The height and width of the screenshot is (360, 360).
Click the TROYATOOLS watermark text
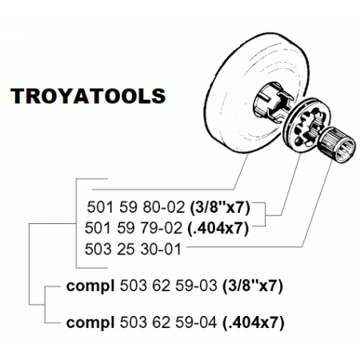click(x=88, y=95)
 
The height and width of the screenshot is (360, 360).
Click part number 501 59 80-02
click(x=136, y=207)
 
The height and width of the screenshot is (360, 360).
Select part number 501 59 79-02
click(x=134, y=228)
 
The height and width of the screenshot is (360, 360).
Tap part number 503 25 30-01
click(x=133, y=249)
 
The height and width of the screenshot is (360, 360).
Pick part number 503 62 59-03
click(x=169, y=286)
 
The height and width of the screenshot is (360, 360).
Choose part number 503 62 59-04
click(x=169, y=322)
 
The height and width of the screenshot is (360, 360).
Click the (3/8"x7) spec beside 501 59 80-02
click(x=220, y=207)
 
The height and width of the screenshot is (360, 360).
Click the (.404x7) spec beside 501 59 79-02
click(x=218, y=229)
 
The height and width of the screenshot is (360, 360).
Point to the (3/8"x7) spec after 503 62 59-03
click(x=252, y=286)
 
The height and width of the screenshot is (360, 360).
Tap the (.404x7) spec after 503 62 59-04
click(x=253, y=323)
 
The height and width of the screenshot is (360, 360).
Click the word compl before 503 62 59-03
click(x=90, y=286)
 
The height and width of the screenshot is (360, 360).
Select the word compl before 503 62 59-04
click(x=90, y=323)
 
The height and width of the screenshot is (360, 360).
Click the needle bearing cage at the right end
click(x=338, y=145)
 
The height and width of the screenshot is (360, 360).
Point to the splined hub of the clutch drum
click(x=270, y=103)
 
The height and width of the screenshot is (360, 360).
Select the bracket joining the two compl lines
click(x=45, y=305)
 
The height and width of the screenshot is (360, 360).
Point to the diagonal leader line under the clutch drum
click(x=242, y=171)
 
